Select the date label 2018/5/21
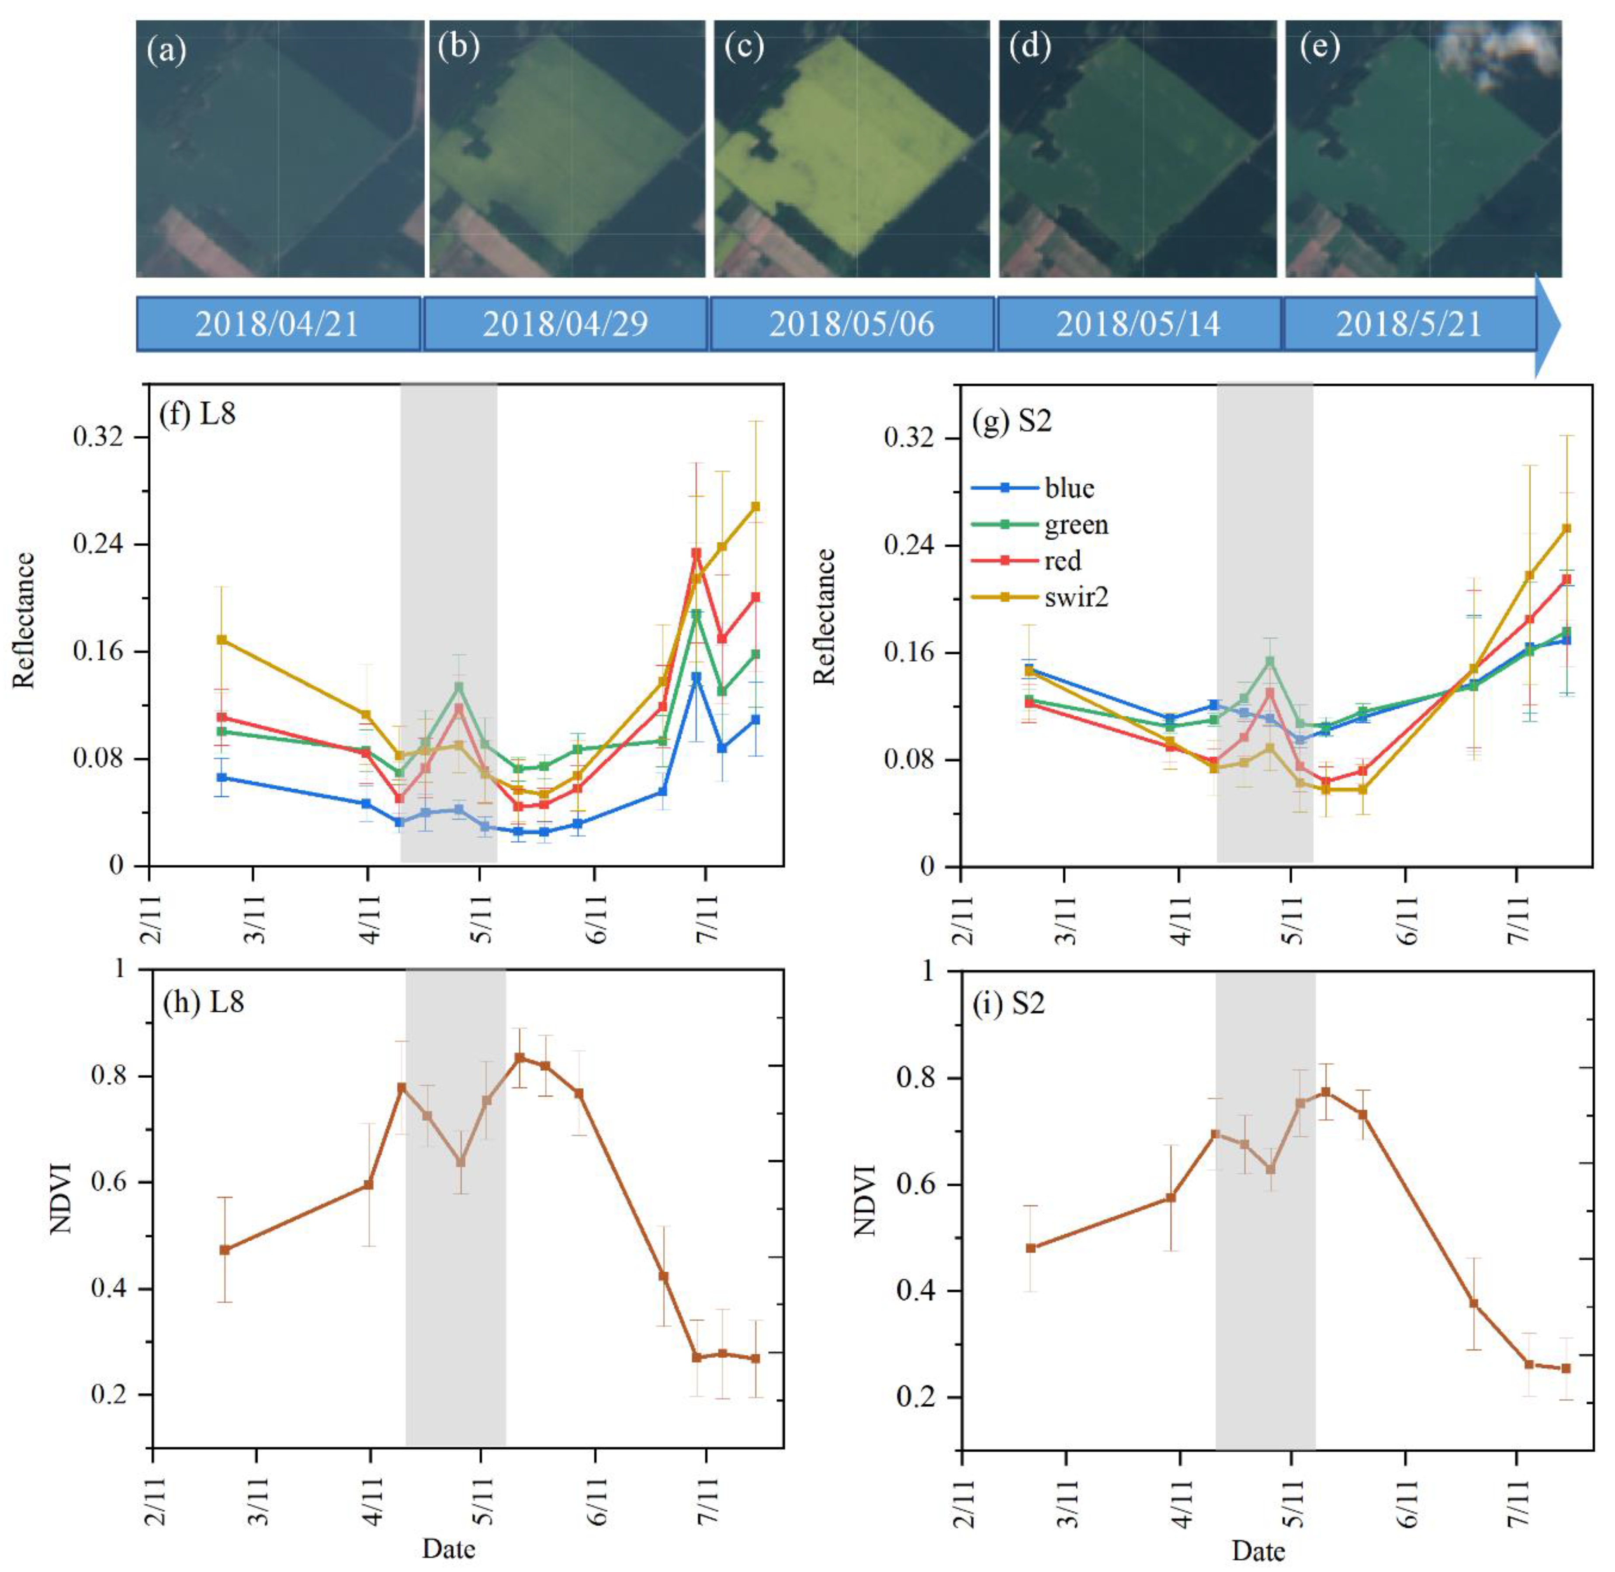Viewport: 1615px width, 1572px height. coord(1409,324)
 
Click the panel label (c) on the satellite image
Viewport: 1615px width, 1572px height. coord(743,49)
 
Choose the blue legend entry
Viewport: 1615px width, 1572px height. coord(1069,488)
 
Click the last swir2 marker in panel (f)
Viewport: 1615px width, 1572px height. coord(755,506)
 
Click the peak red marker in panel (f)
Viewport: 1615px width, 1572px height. coord(696,553)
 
